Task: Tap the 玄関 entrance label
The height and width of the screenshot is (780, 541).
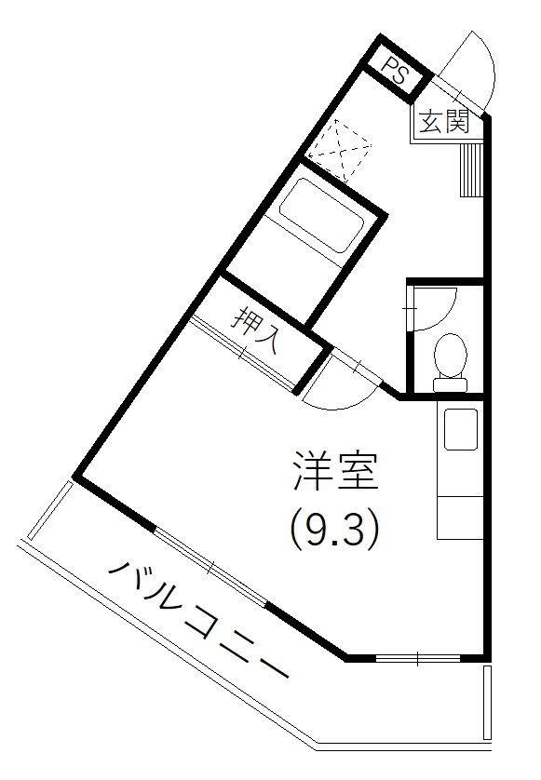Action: coord(443,123)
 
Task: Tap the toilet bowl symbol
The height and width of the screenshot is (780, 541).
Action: coord(451,356)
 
